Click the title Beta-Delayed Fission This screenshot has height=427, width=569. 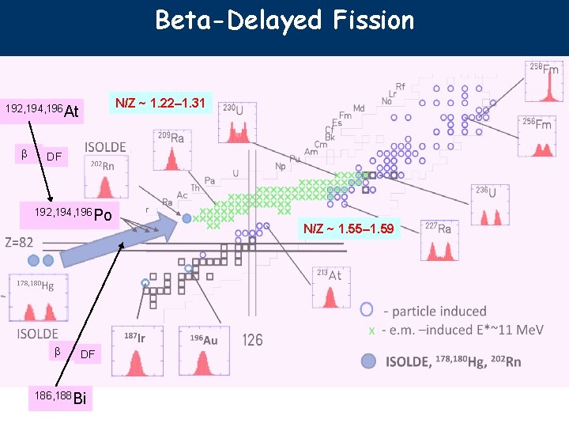click(x=284, y=20)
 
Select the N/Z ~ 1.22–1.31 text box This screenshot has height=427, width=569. click(x=160, y=103)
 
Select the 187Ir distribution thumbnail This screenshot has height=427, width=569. click(x=136, y=353)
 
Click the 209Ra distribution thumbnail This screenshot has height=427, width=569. click(x=172, y=151)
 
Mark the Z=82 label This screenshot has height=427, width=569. click(x=19, y=243)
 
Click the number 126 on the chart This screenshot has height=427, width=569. click(x=253, y=340)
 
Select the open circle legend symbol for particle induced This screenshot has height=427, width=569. click(x=367, y=310)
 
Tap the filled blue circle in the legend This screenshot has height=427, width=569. click(x=367, y=361)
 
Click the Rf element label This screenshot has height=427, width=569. click(x=401, y=86)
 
